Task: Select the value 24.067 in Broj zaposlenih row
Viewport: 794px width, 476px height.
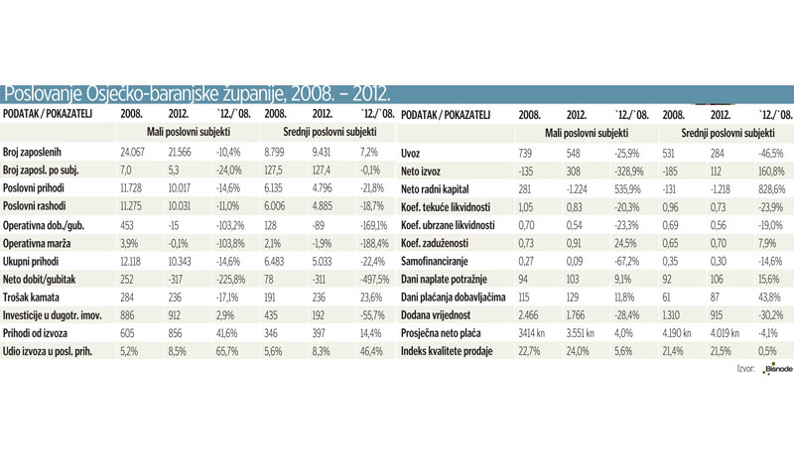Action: (134, 154)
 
